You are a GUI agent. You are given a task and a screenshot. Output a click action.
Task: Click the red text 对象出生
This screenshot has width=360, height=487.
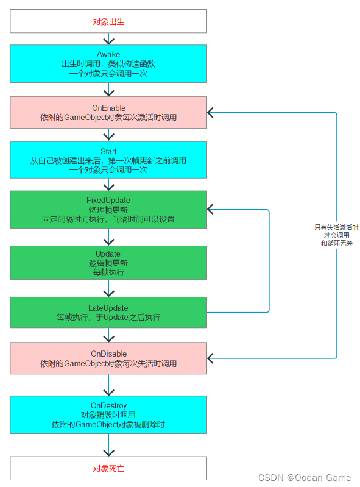(108, 22)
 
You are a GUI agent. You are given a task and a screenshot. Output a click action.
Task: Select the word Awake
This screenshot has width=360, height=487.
(108, 54)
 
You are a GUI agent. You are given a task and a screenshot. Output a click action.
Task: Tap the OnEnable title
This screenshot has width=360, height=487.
(108, 108)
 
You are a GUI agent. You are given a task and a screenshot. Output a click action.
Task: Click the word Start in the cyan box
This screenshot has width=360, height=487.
(108, 151)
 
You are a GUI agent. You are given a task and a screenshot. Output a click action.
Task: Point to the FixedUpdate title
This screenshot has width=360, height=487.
(108, 200)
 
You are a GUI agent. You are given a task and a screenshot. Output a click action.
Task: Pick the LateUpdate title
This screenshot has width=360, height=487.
(108, 308)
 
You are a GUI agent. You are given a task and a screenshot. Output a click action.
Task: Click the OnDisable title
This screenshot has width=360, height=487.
(108, 354)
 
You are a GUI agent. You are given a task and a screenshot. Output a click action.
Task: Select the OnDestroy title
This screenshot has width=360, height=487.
(108, 405)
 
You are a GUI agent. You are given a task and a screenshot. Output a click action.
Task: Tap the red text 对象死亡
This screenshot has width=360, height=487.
(108, 468)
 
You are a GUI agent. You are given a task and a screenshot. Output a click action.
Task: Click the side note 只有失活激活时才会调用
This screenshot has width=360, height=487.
(337, 232)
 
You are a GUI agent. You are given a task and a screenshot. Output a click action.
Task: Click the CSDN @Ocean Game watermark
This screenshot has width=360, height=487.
(305, 477)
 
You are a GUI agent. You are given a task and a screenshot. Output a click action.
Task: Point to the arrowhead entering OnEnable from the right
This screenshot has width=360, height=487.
(210, 112)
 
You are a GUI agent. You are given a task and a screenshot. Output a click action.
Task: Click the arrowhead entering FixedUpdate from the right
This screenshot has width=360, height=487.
(210, 209)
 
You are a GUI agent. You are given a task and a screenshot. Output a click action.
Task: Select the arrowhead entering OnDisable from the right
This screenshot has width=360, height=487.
(210, 358)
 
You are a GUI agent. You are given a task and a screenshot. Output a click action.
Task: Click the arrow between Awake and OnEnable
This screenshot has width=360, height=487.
(108, 90)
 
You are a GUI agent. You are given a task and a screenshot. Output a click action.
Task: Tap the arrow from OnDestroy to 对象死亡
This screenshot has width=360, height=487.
(108, 445)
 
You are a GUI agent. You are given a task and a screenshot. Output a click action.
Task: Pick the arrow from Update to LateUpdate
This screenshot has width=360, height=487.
(108, 288)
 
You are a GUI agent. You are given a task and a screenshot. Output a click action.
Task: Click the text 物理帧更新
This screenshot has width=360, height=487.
(108, 210)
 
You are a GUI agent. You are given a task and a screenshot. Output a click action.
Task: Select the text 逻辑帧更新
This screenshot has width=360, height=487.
(108, 263)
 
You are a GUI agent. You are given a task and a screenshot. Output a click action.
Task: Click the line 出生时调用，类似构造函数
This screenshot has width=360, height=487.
(108, 64)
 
